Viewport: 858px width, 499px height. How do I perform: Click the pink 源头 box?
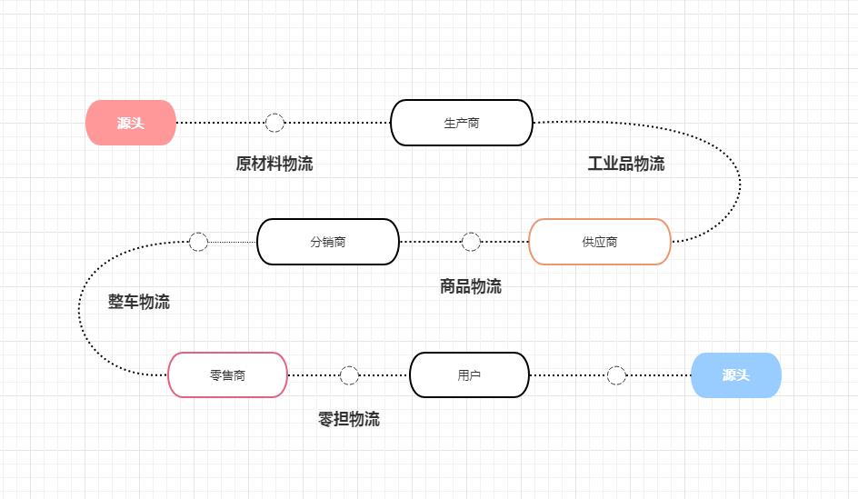click(x=131, y=123)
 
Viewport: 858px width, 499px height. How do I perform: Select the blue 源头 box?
click(x=736, y=375)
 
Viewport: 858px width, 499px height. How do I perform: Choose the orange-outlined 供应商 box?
click(x=600, y=242)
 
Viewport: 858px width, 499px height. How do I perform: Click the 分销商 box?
click(x=328, y=242)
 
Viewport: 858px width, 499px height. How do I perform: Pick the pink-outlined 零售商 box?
click(x=227, y=375)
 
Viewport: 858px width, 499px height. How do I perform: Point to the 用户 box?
click(x=469, y=375)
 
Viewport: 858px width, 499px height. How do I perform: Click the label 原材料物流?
click(x=274, y=164)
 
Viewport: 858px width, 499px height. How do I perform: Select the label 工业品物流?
click(x=626, y=164)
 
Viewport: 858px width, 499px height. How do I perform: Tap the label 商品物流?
click(x=471, y=286)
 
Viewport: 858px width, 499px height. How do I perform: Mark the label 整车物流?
click(x=139, y=302)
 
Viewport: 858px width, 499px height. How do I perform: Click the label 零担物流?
click(x=349, y=419)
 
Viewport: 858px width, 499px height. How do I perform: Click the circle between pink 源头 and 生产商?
click(x=274, y=123)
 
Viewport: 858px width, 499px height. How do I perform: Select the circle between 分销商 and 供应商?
click(x=471, y=242)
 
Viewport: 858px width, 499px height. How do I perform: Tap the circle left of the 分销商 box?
click(x=198, y=242)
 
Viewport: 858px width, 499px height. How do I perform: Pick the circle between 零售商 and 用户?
click(x=349, y=375)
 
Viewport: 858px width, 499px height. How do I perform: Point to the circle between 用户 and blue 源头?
click(x=616, y=375)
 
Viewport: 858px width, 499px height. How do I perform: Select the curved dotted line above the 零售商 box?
click(x=80, y=309)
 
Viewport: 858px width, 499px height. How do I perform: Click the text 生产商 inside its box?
click(x=462, y=123)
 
